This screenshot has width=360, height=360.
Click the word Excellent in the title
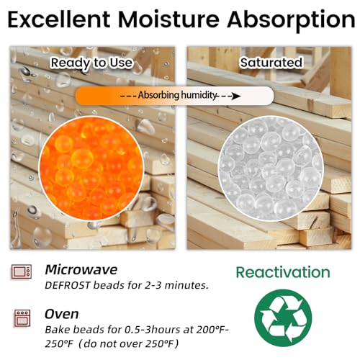coord(59,19)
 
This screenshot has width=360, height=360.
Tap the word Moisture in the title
coord(168,19)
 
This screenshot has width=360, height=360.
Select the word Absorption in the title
coord(291,21)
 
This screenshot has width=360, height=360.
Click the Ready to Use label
coord(91,63)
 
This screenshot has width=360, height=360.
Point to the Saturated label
coord(271,63)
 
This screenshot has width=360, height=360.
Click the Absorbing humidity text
coord(177,95)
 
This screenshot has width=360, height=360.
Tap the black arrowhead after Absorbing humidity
coord(236,96)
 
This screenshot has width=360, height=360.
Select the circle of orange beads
coord(91,168)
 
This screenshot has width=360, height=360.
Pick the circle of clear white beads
coord(271,168)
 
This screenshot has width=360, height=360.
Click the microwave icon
coord(22,271)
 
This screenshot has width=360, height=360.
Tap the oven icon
coord(22,318)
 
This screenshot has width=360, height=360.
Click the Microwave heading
coord(81,269)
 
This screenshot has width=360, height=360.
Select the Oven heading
coord(62,314)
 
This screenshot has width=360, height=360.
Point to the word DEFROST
coord(68,285)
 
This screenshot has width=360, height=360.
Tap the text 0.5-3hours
coord(153,330)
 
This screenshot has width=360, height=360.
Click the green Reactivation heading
coord(283,272)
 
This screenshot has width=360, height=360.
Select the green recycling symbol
coord(283,318)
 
